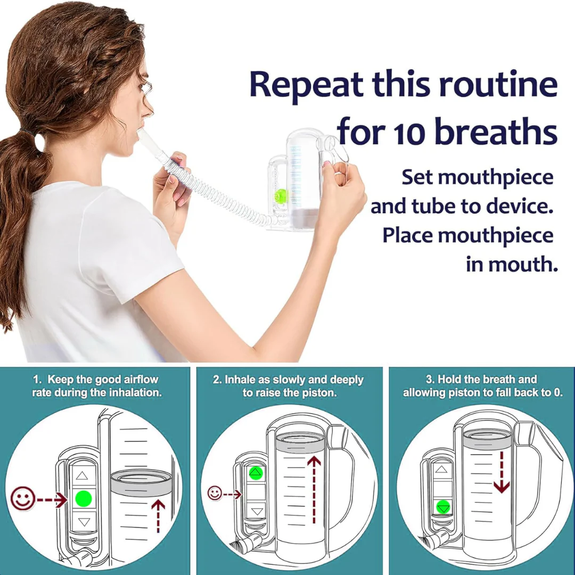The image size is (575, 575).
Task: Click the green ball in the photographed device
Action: pyautogui.click(x=282, y=195)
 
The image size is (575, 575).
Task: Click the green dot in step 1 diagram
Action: pyautogui.click(x=83, y=499)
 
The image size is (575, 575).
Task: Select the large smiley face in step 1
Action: pyautogui.click(x=23, y=498)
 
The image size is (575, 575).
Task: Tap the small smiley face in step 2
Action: pyautogui.click(x=215, y=493)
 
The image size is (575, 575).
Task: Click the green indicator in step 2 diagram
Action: pyautogui.click(x=256, y=473)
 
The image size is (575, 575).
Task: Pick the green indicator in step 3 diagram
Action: pyautogui.click(x=443, y=507)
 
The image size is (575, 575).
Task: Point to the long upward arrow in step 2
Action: pyautogui.click(x=314, y=489)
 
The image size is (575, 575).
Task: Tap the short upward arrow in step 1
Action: pyautogui.click(x=158, y=516)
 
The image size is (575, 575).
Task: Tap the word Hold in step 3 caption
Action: pyautogui.click(x=449, y=379)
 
